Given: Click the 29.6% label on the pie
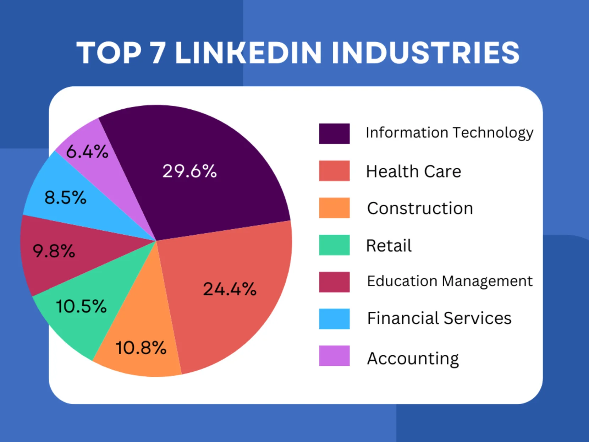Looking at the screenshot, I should click(x=189, y=171).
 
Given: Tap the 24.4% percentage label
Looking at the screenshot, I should click(x=230, y=289).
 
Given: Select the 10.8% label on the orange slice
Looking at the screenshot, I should click(x=141, y=348).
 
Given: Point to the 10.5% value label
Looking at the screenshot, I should click(x=81, y=306).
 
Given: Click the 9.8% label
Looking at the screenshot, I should click(x=54, y=251).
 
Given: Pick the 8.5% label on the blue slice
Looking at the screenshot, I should click(x=65, y=197).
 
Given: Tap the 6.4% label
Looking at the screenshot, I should click(x=87, y=152).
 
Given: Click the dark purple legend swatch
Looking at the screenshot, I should click(x=334, y=133).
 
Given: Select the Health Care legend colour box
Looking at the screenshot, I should click(x=334, y=171).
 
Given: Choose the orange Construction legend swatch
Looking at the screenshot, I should click(x=334, y=208).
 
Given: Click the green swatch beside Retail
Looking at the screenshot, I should click(x=334, y=245).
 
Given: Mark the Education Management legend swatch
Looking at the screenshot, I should click(x=334, y=282).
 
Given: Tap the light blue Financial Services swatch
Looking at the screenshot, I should click(x=334, y=319).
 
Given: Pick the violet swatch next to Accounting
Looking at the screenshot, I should click(x=334, y=356).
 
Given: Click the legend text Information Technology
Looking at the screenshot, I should click(x=449, y=133).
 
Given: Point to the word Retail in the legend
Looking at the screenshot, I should click(x=389, y=245).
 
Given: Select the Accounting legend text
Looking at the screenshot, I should click(x=413, y=358).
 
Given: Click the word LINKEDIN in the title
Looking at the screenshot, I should click(x=248, y=53).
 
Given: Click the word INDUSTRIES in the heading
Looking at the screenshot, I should click(x=425, y=53).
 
